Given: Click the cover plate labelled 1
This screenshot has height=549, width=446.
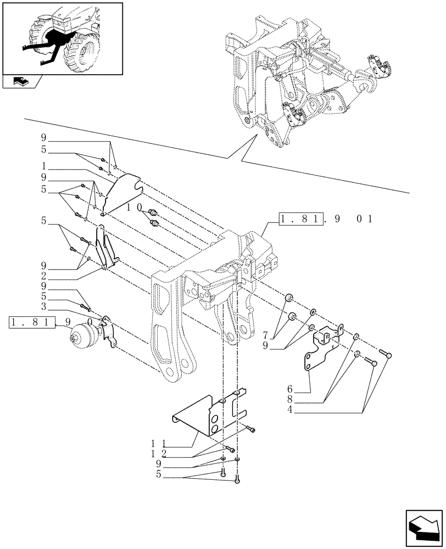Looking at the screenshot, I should (121, 192).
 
